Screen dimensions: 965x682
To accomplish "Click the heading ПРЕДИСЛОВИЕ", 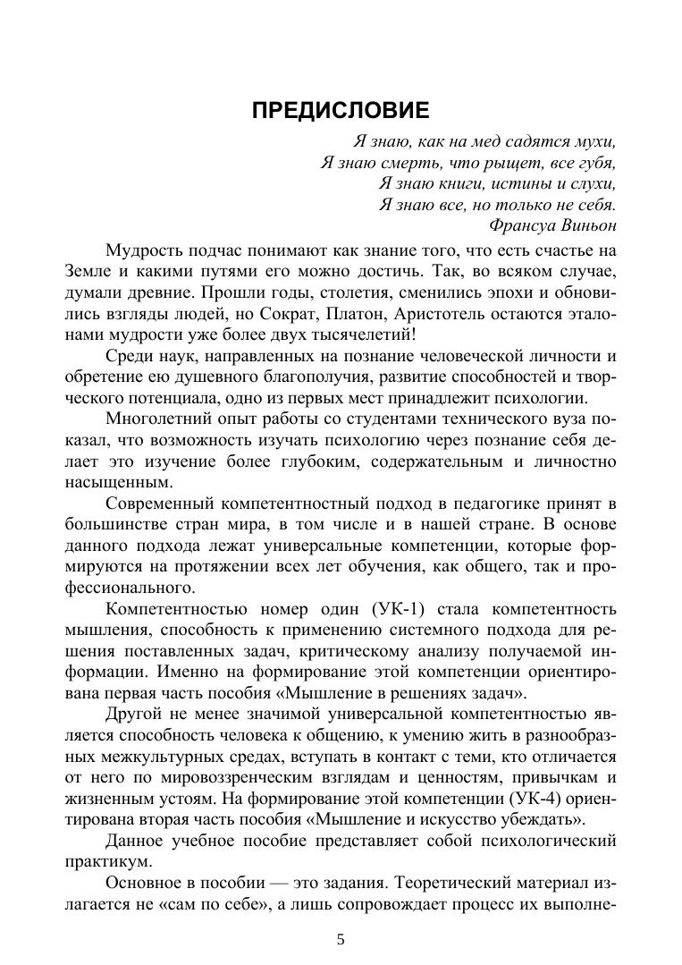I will (x=341, y=110).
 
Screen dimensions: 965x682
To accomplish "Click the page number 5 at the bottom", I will (x=341, y=939).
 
